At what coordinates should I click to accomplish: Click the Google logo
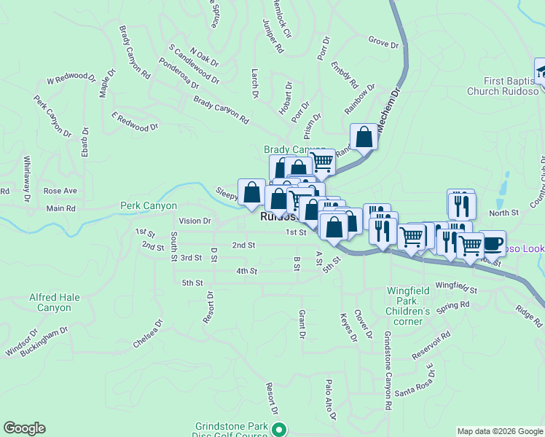click(24, 428)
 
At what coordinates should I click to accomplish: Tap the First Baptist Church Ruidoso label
click(510, 86)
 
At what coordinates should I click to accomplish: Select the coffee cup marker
click(492, 243)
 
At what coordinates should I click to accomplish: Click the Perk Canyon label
click(149, 206)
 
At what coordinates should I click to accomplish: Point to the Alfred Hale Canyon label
click(50, 302)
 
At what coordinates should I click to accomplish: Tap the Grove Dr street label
click(384, 44)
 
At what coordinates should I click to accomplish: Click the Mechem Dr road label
click(390, 109)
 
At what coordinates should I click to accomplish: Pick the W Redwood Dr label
click(71, 76)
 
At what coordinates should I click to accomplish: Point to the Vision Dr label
click(195, 221)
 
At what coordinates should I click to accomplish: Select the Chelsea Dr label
click(146, 333)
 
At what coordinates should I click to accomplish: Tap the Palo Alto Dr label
click(330, 399)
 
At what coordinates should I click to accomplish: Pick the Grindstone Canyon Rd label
click(388, 363)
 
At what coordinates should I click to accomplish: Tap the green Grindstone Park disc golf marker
click(278, 429)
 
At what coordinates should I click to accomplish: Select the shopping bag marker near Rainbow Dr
click(364, 136)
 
